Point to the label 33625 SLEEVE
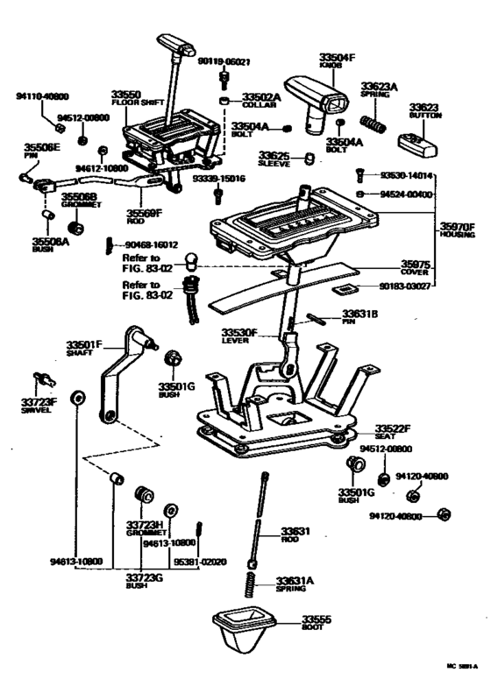(277, 158)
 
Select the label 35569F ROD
(144, 215)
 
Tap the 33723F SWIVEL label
(38, 405)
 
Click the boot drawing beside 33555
(243, 630)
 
